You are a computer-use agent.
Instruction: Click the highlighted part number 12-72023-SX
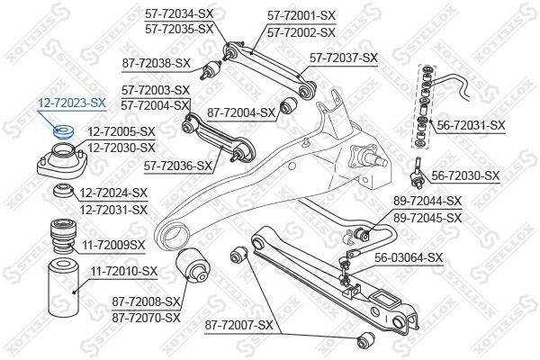point(71,103)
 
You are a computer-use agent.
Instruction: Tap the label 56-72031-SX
point(472,125)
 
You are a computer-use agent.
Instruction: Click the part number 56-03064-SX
point(409,257)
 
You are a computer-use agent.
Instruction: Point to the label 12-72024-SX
point(113,193)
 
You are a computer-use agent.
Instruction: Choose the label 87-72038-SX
point(156,63)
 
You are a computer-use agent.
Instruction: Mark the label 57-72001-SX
point(301,15)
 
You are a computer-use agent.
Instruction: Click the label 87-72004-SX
point(241,112)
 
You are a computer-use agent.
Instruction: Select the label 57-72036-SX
point(179,165)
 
